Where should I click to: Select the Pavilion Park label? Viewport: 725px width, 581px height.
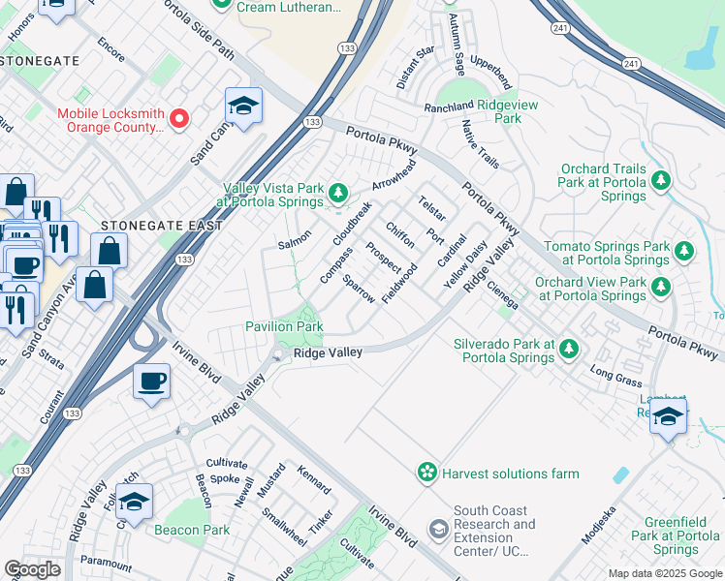pyautogui.click(x=283, y=327)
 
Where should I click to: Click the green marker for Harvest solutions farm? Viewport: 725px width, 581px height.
pyautogui.click(x=426, y=473)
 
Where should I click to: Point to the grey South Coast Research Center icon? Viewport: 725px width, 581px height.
pyautogui.click(x=438, y=529)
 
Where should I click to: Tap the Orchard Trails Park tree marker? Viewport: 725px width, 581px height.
pyautogui.click(x=661, y=181)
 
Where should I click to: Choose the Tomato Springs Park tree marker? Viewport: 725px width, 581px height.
pyautogui.click(x=684, y=252)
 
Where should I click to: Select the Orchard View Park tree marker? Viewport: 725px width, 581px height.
pyautogui.click(x=661, y=287)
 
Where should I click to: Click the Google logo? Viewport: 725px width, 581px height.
pyautogui.click(x=32, y=569)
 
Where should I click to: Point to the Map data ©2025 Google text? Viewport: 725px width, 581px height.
pyautogui.click(x=664, y=573)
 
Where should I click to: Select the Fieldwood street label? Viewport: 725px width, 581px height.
pyautogui.click(x=399, y=283)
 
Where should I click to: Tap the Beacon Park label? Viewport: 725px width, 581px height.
pyautogui.click(x=192, y=530)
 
